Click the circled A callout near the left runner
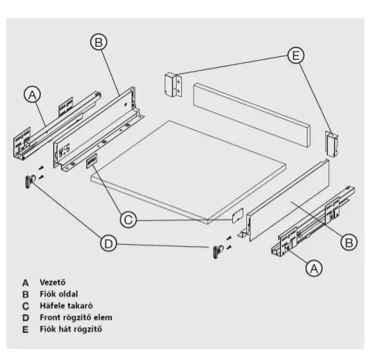pyautogui.click(x=33, y=95)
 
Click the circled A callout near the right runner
pyautogui.click(x=314, y=268)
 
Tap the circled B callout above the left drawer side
pyautogui.click(x=98, y=42)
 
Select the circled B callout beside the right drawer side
pyautogui.click(x=349, y=242)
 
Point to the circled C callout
pyautogui.click(x=128, y=220)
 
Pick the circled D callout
pyautogui.click(x=109, y=243)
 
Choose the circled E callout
pyautogui.click(x=296, y=55)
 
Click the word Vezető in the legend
pyautogui.click(x=53, y=282)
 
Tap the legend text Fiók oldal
pyautogui.click(x=59, y=294)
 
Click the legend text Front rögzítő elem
pyautogui.click(x=76, y=317)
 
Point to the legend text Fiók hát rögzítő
pyautogui.click(x=71, y=329)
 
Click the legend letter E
pyautogui.click(x=25, y=330)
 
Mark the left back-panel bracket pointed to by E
pyautogui.click(x=173, y=84)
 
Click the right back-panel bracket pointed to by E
pyautogui.click(x=332, y=144)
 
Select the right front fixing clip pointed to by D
pyautogui.click(x=217, y=251)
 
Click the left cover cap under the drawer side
pyautogui.click(x=92, y=160)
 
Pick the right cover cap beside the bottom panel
pyautogui.click(x=237, y=216)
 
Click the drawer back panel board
pyautogui.click(x=251, y=115)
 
